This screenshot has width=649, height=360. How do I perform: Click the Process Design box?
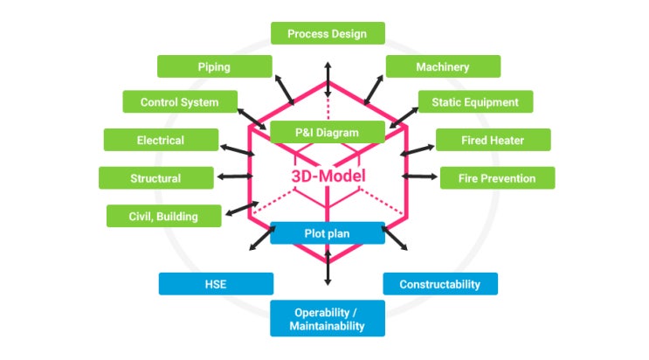327,33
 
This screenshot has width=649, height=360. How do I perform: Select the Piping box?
213,66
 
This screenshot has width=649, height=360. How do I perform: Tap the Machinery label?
443,66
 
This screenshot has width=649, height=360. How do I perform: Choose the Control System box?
179,102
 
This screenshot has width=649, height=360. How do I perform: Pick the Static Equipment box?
474,102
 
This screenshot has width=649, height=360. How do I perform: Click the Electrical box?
161,140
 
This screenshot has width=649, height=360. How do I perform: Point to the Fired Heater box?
493,140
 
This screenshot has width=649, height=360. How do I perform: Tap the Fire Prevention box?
496,178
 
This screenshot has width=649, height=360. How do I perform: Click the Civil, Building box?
164,216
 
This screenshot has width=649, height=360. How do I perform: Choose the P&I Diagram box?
327,133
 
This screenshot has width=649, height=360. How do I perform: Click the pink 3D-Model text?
328,175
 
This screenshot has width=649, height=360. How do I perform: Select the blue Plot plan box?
327,233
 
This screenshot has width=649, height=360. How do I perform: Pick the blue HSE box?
216,284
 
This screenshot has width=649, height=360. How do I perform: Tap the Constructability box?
439,284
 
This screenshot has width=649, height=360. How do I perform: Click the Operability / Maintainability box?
328,319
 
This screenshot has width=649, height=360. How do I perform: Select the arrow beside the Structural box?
232,177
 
